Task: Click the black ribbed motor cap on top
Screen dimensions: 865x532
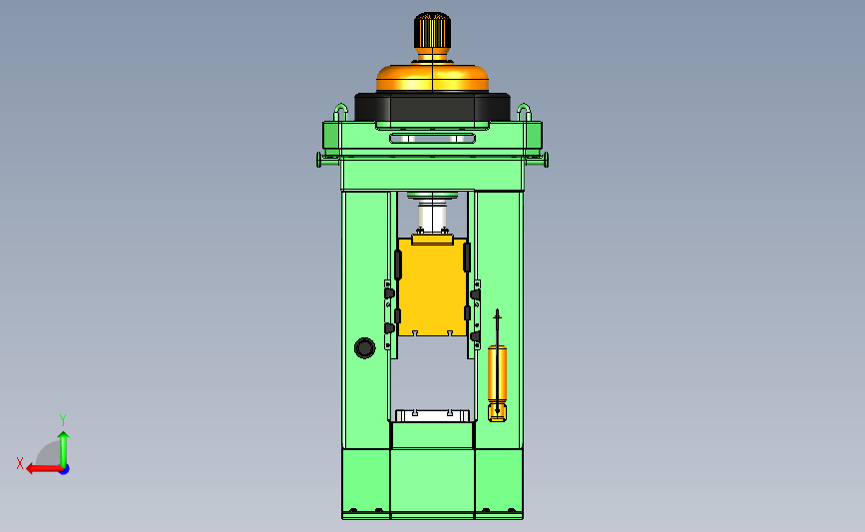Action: click(433, 30)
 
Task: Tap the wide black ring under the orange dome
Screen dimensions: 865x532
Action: click(433, 107)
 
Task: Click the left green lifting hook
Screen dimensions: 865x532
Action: click(340, 112)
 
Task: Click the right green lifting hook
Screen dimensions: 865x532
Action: click(524, 112)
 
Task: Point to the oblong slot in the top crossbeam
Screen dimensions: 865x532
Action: click(433, 138)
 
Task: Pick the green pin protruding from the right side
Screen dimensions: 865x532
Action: click(537, 160)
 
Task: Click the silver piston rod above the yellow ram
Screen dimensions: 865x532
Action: click(433, 216)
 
